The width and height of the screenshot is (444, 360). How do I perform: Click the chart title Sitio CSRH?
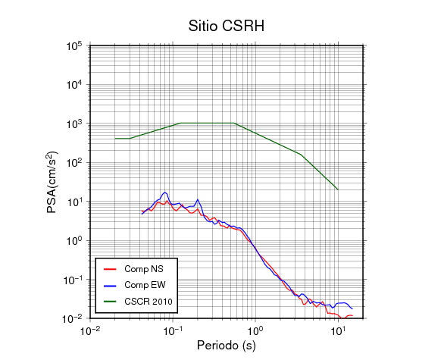point(227,26)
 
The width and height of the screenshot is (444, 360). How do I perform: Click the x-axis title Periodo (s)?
point(227,346)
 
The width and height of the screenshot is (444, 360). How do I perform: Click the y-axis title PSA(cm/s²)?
point(52,183)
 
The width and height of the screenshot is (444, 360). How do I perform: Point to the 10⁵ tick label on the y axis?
point(74,46)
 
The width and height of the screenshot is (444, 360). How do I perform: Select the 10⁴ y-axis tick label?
point(74,85)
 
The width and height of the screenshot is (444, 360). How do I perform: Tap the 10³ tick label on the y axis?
point(74,124)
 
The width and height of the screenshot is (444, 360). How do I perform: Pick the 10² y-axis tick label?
point(74,163)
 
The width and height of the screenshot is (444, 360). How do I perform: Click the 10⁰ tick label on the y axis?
point(74,241)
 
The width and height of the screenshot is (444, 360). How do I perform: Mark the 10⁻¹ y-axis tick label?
point(72,280)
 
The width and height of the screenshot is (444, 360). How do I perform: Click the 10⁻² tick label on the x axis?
point(90,330)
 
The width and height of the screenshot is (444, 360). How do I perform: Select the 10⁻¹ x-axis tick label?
point(173,330)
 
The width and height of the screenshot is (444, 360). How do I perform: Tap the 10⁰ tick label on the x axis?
point(255,330)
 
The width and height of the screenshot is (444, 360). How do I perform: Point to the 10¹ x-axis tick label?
point(338,330)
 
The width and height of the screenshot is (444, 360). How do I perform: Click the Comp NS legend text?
point(144,269)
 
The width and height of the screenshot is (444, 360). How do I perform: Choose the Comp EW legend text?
point(145,285)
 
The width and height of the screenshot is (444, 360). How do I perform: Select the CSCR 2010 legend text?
point(149,302)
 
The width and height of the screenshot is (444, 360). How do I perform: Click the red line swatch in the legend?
point(110,269)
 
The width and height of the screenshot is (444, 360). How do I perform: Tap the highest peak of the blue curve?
point(165,193)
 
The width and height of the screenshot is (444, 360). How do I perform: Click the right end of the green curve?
point(338,189)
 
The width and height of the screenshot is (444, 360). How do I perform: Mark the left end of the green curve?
point(115,139)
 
